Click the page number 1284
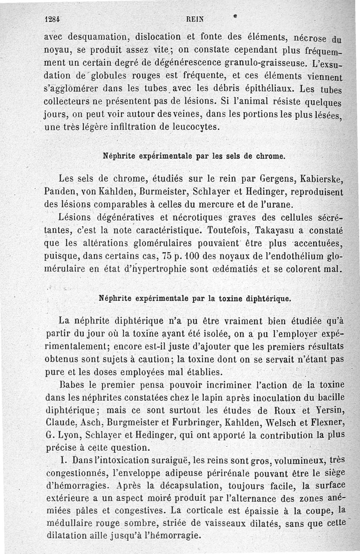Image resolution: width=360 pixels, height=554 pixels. pos(54,20)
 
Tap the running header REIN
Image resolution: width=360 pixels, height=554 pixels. pos(193,20)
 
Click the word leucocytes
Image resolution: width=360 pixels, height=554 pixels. pos(196,127)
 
